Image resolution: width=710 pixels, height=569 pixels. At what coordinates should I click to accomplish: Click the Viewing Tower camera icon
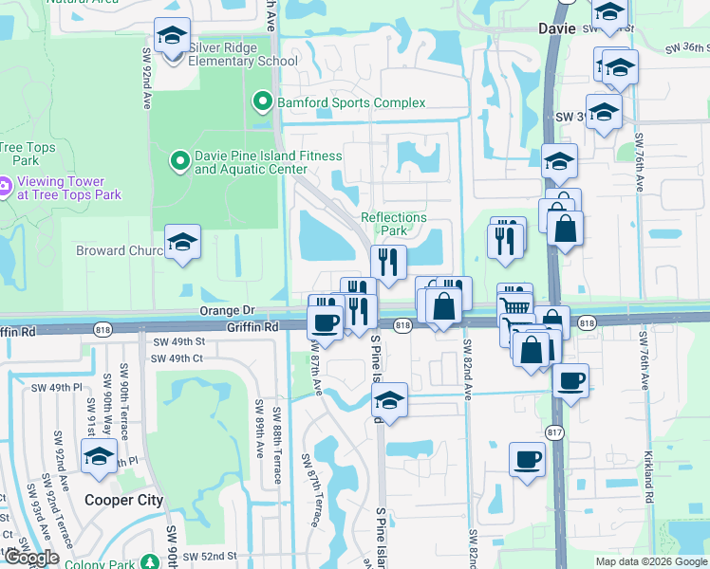click(x=5, y=188)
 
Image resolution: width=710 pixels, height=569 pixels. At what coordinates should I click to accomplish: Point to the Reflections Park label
click(x=394, y=224)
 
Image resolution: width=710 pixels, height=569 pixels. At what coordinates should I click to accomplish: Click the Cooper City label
click(x=123, y=500)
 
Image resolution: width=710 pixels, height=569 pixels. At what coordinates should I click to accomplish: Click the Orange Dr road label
click(x=228, y=310)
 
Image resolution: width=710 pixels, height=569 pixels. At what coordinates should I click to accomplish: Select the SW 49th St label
click(x=178, y=341)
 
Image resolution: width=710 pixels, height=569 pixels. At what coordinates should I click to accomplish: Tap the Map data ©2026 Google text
click(x=652, y=561)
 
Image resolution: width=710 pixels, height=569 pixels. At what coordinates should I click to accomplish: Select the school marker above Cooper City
click(x=100, y=456)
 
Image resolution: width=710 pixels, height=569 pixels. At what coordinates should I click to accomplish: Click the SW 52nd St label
click(x=209, y=556)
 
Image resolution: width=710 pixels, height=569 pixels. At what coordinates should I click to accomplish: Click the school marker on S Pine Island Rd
click(x=389, y=399)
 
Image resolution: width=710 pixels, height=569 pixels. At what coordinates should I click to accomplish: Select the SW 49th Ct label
click(x=178, y=358)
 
